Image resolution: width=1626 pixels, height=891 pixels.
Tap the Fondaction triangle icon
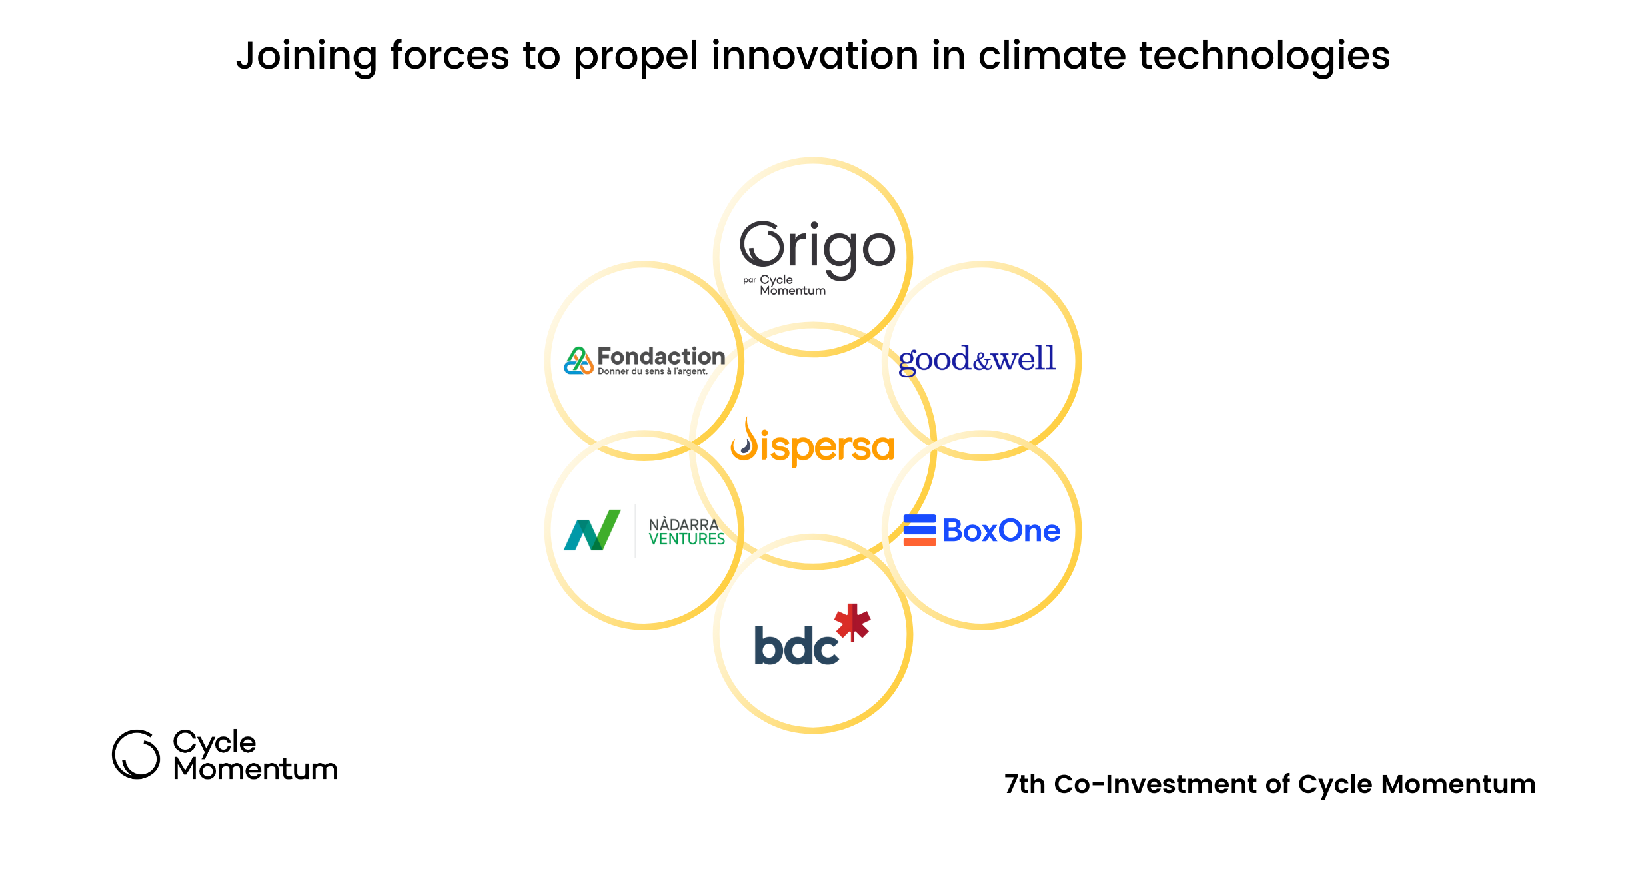[578, 361]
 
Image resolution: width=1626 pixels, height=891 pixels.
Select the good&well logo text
[977, 360]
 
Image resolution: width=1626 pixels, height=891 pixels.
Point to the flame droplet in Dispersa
[745, 440]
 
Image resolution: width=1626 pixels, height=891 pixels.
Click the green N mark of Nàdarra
[592, 530]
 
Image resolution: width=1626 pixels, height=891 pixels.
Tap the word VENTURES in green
[686, 539]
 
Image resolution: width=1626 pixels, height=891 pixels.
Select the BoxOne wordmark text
[1002, 531]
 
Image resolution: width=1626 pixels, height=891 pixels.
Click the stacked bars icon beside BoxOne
[920, 530]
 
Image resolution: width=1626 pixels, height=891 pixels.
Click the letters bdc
[796, 645]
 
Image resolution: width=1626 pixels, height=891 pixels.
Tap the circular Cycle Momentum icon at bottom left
[136, 754]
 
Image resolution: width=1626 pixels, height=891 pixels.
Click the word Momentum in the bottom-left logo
[256, 770]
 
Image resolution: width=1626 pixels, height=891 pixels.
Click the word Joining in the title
[307, 56]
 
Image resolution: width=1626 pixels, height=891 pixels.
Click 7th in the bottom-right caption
[1025, 784]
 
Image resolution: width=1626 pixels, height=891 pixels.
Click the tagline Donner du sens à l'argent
[652, 371]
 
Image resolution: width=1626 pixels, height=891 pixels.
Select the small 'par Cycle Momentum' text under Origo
[784, 285]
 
